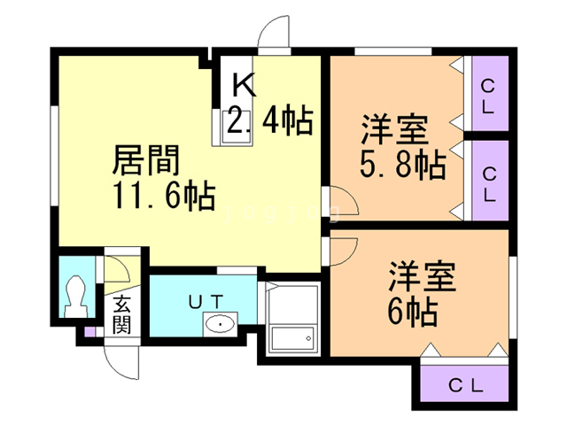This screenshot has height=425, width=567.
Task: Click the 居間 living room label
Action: coord(146,161)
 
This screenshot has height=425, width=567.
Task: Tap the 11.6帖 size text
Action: coord(163,197)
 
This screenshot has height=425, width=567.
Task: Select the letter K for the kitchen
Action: coord(244,86)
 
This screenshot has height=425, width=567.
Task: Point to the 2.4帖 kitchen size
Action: coord(270,121)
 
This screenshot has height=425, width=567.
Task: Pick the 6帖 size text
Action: coord(413,312)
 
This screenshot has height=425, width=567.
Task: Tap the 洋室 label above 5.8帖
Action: coord(394,130)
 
